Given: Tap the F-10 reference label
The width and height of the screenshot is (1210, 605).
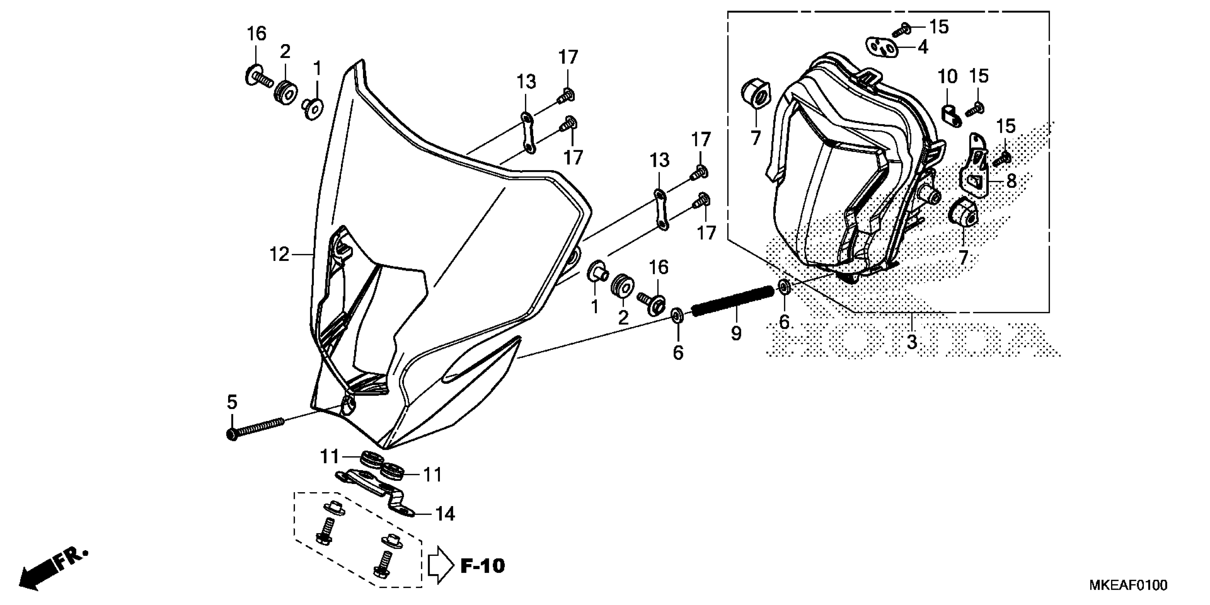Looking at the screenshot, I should coord(483,566).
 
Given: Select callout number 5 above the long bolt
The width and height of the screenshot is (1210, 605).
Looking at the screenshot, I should coord(232,402).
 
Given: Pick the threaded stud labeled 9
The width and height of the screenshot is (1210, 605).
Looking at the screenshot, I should coord(733,301).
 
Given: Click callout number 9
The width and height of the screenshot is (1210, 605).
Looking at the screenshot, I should coord(736,333).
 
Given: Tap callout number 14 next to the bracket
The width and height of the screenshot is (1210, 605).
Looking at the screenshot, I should coord(445,514).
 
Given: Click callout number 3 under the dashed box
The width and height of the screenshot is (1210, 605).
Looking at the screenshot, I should coord(912,342).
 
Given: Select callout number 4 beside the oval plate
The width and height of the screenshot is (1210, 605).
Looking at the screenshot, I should coord(923,47).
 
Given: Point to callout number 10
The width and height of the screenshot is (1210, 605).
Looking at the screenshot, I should coord(947,77).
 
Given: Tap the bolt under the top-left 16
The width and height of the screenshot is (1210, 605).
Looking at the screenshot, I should coord(258,78).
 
